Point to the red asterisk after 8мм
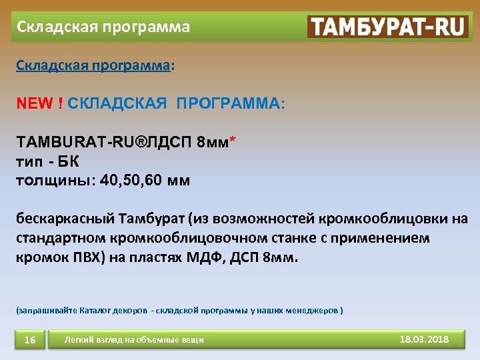pos(232,140)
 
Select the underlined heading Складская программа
pos(92,67)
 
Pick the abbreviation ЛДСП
pos(167,143)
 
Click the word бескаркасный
pos(65,219)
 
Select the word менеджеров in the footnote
pos(314,310)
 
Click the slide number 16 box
pos(30,341)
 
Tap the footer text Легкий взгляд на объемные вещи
pos(134,341)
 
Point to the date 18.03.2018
pos(424,339)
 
